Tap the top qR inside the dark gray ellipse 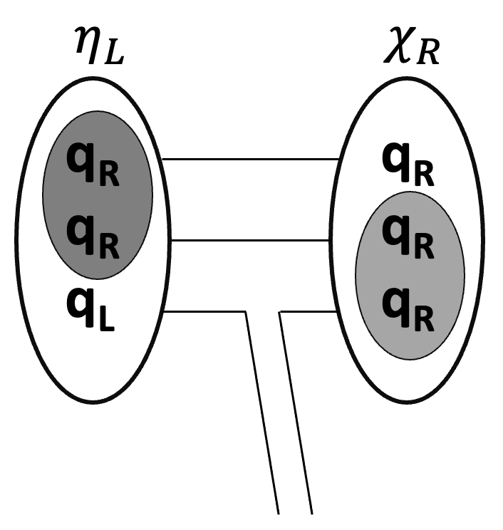pos(93,165)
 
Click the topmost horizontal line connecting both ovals pos(249,160)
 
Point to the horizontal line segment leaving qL pos(207,311)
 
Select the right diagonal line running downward pos(296,413)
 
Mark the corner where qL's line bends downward pos(246,311)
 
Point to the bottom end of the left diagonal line pos(277,512)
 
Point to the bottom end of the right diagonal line pos(311,512)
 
